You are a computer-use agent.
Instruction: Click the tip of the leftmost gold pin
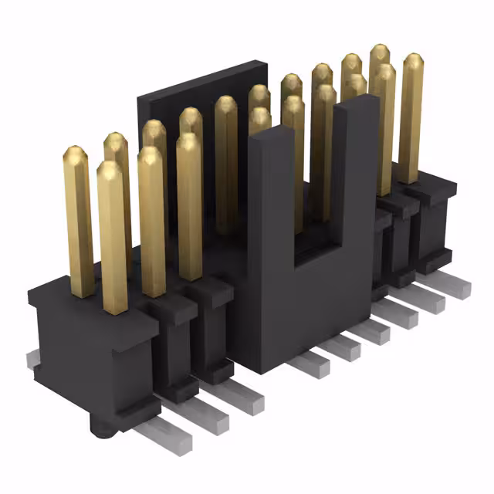tap(75, 151)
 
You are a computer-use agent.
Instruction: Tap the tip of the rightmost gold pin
tap(413, 59)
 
